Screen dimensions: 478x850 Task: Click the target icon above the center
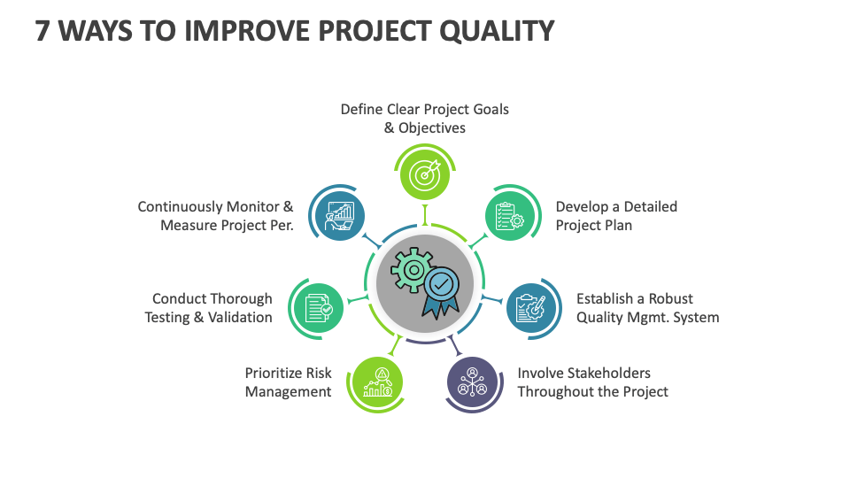point(425,173)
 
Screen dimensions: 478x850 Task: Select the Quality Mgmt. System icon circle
point(532,308)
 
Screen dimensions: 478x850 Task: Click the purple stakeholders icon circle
point(472,382)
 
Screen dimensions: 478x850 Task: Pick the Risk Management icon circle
point(378,382)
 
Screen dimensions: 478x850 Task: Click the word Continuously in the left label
point(180,206)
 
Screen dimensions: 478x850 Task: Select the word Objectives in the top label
point(432,127)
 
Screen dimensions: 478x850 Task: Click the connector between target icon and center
point(425,214)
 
